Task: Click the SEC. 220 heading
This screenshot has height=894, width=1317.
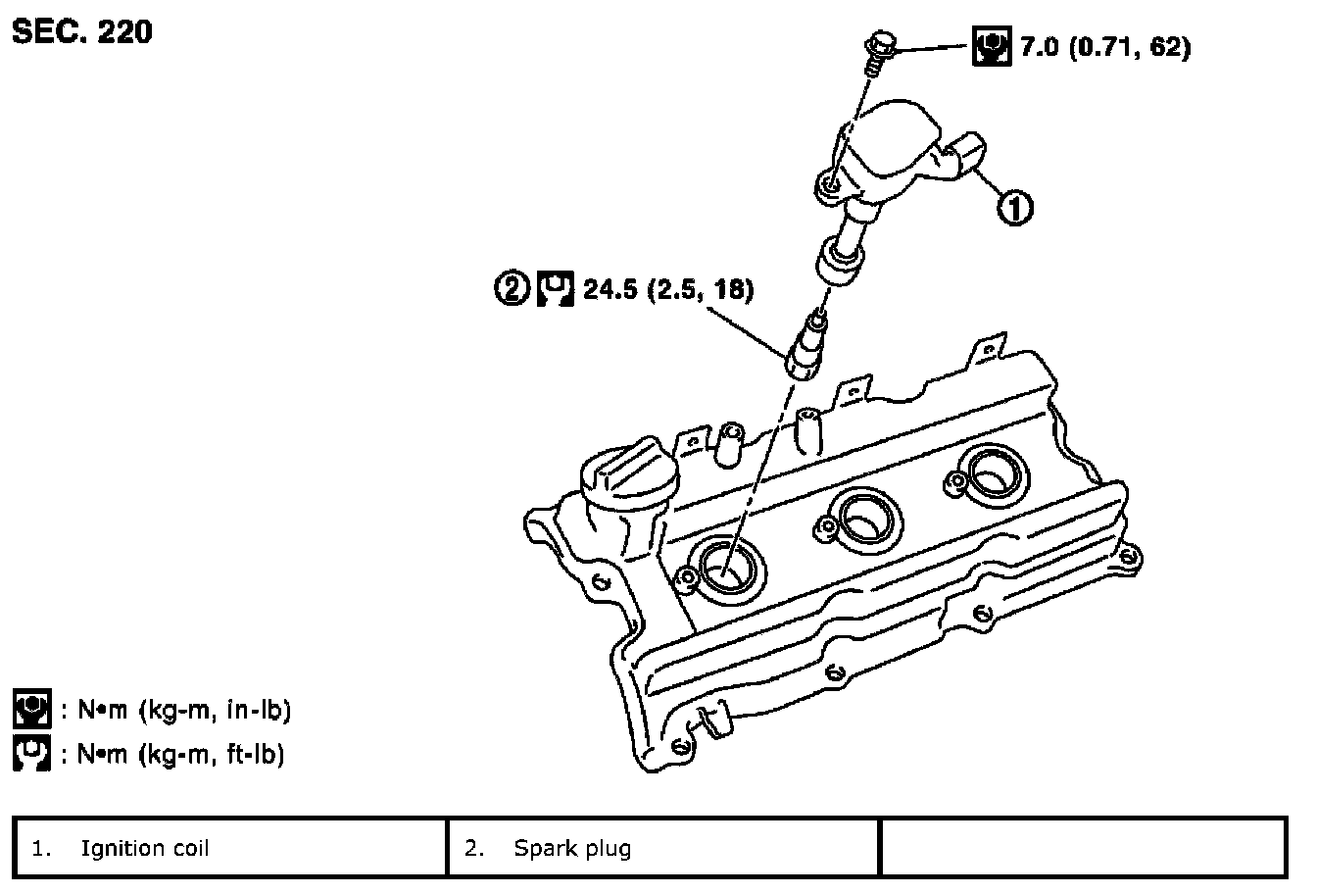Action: coord(82,31)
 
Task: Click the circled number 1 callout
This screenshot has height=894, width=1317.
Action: coord(1015,208)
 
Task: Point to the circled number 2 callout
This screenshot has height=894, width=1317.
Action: coord(512,288)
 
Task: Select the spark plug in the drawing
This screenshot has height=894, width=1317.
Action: coord(806,348)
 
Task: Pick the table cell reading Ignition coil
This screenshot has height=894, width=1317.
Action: coord(230,848)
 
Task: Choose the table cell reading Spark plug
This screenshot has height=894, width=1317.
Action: coord(663,848)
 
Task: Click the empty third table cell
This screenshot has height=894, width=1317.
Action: coord(1084,848)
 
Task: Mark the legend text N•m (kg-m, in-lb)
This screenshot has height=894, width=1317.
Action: coord(184,710)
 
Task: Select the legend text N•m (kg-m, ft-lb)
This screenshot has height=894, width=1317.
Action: coord(181,754)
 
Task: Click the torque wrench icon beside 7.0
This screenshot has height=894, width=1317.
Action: coord(992,46)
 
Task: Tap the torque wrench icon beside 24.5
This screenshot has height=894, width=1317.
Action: coord(555,288)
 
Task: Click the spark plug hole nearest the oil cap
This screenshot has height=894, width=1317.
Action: coord(729,571)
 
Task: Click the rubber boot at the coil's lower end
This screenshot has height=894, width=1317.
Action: coord(841,260)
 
